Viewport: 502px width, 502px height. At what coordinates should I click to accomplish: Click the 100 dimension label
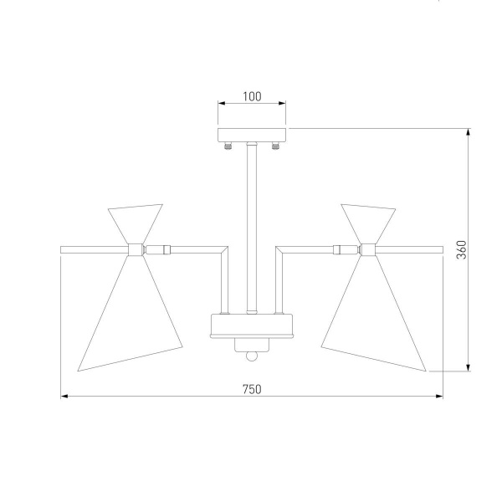pyautogui.click(x=252, y=96)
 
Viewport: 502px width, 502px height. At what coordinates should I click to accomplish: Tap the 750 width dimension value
pyautogui.click(x=252, y=389)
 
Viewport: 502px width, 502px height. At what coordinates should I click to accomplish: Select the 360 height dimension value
pyautogui.click(x=462, y=249)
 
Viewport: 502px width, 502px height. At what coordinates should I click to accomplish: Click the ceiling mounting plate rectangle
pyautogui.click(x=252, y=135)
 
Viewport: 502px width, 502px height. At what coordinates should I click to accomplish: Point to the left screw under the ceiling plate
pyautogui.click(x=228, y=146)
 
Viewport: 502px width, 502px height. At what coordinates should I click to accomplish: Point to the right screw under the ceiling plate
pyautogui.click(x=275, y=146)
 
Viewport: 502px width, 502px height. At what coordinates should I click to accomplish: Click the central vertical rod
pyautogui.click(x=252, y=228)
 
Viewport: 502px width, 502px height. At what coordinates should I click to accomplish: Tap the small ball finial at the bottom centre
pyautogui.click(x=252, y=356)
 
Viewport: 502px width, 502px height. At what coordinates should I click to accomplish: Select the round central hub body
pyautogui.click(x=252, y=325)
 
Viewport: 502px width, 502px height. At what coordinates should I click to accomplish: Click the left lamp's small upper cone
pyautogui.click(x=135, y=223)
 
